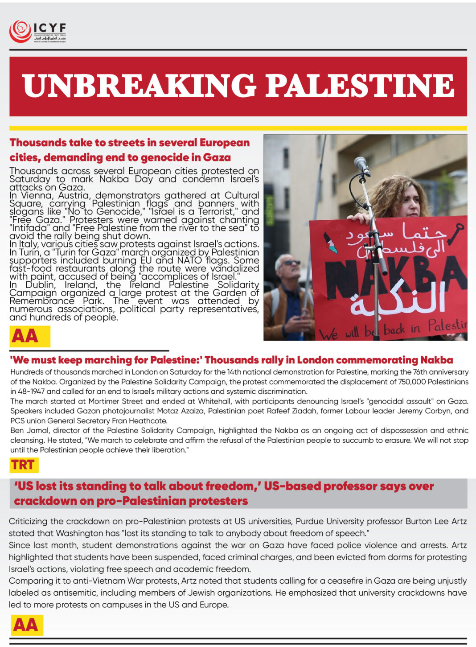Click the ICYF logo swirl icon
(20, 31)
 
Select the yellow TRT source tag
(23, 465)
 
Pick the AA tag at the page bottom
(26, 625)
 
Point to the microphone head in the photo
(361, 165)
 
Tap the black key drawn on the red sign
(455, 234)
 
